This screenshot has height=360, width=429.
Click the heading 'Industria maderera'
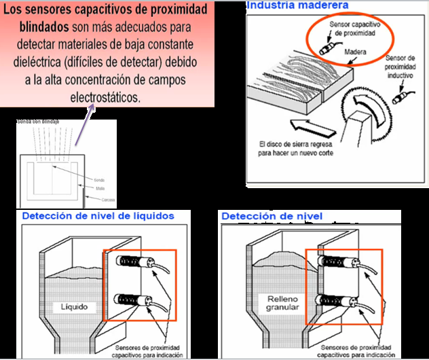coord(297,6)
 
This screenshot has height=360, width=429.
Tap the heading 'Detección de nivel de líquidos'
coord(98,216)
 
